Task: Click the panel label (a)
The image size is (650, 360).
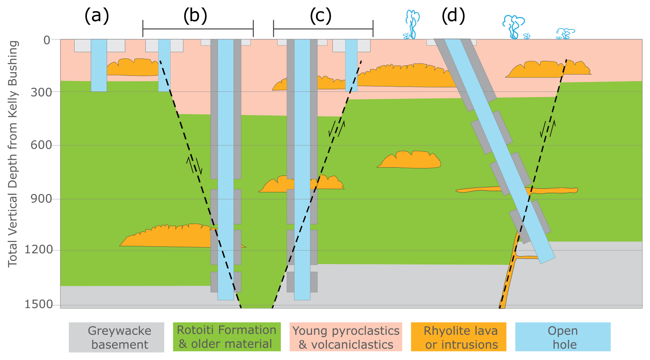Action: [x=96, y=16]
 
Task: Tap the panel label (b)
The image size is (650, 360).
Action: [x=195, y=16]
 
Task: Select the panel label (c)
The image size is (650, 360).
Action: [x=320, y=16]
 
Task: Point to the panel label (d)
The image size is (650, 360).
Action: [x=453, y=16]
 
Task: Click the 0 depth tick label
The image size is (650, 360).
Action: [x=47, y=40]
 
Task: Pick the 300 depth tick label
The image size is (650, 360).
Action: [x=42, y=92]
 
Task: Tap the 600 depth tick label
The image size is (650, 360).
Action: [x=42, y=145]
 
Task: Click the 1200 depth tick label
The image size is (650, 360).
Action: [x=39, y=250]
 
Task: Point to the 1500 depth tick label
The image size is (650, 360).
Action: [x=39, y=304]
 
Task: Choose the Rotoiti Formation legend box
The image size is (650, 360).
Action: [x=227, y=337]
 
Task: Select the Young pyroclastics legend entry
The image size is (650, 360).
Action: [x=346, y=337]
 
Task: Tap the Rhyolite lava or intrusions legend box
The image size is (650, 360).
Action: [x=458, y=337]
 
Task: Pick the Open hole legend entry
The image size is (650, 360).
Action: [x=563, y=337]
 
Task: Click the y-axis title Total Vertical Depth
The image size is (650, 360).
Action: [x=13, y=154]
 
